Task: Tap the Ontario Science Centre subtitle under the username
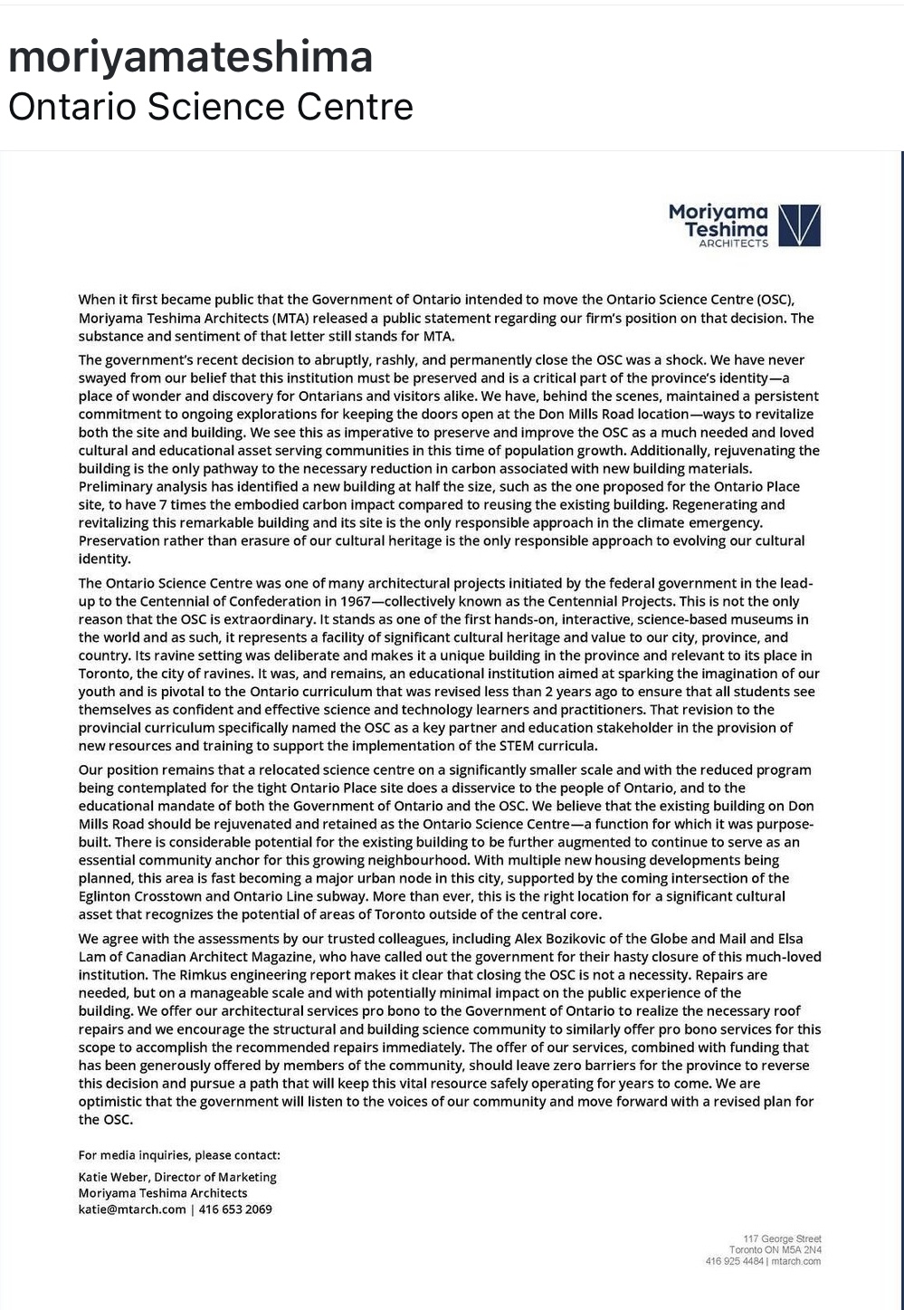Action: [x=210, y=107]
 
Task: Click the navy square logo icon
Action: [x=799, y=225]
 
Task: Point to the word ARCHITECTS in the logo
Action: [x=733, y=243]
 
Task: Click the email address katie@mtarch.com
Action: [x=132, y=1210]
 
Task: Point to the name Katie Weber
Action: [x=112, y=1177]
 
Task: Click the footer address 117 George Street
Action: [x=782, y=1238]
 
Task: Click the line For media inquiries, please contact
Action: [x=179, y=1155]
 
